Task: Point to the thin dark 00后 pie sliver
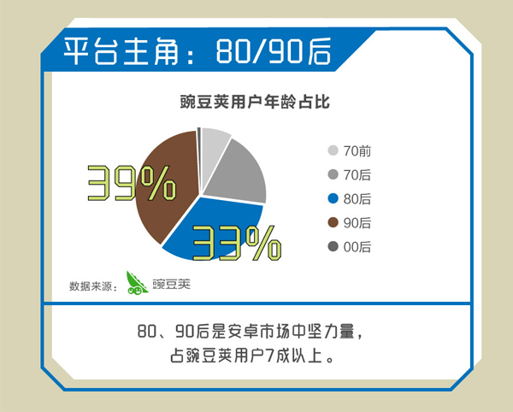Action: [198, 144]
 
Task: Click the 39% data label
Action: [132, 183]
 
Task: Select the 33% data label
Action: [237, 244]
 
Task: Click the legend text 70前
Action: [357, 151]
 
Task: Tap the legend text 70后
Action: [357, 175]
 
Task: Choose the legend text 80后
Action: [357, 199]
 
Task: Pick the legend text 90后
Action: [357, 223]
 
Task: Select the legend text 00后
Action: [357, 247]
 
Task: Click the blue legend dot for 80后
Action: [333, 198]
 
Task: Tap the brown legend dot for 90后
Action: [333, 223]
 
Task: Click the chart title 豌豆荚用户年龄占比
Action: [255, 102]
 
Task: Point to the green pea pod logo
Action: [137, 283]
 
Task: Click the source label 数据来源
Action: [91, 286]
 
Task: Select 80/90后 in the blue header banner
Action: [274, 51]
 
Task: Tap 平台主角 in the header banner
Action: [121, 51]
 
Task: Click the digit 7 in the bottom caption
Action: [269, 356]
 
